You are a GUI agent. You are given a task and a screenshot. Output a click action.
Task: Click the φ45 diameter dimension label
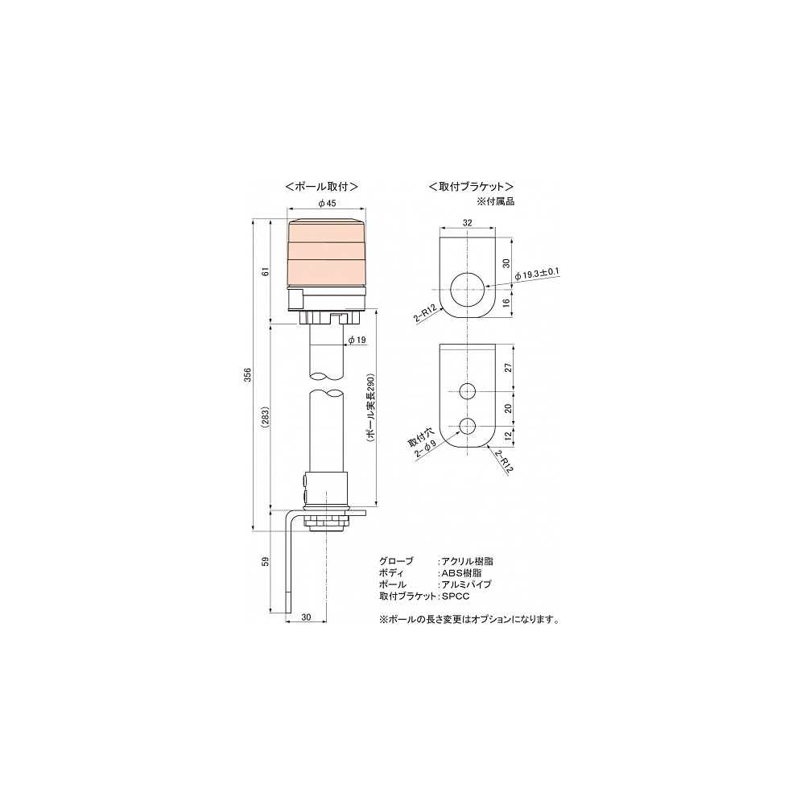[x=327, y=204]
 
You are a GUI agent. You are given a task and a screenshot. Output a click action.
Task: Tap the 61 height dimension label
[x=266, y=271]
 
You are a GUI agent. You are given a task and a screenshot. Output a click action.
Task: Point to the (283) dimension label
[x=266, y=417]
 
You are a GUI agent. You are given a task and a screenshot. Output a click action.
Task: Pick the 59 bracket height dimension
[x=266, y=561]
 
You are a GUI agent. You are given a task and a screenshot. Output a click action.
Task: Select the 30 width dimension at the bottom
[x=306, y=617]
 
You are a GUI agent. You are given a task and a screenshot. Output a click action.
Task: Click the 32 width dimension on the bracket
[x=467, y=223]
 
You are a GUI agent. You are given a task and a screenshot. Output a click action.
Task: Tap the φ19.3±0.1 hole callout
[x=537, y=275]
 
